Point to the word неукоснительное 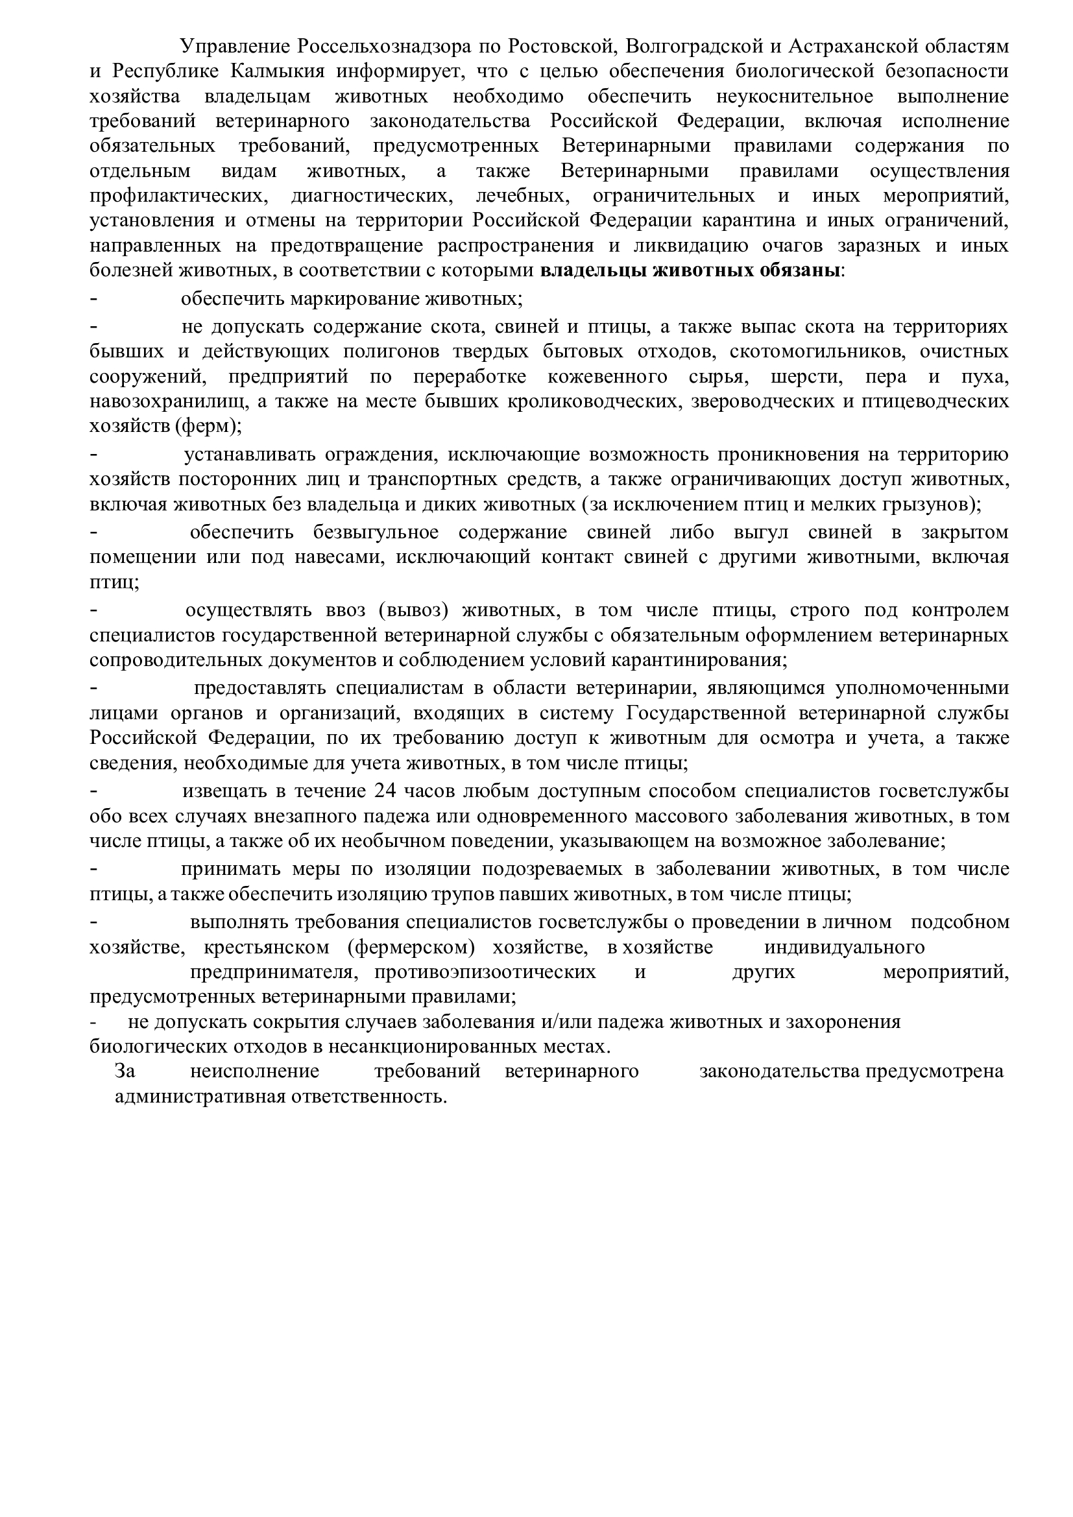[x=795, y=97]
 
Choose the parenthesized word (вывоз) [x=415, y=610]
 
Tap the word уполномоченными [x=922, y=687]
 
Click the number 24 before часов [x=385, y=791]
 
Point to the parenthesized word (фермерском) [x=410, y=948]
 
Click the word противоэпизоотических [x=486, y=973]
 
